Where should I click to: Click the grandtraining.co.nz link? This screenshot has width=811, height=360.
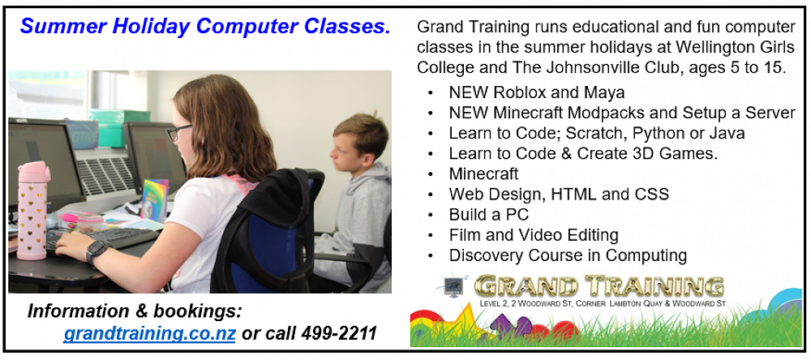point(150,333)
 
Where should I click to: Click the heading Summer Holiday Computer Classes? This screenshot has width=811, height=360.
point(205,27)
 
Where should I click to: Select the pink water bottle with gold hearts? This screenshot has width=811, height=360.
point(32,209)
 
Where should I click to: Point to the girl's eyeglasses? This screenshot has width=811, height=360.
point(178,133)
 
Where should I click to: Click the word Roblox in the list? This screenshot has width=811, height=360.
point(519,92)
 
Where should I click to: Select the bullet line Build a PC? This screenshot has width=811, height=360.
point(489,214)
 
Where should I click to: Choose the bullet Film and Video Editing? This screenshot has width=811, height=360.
point(534,235)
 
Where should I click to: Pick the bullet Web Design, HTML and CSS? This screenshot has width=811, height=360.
point(559,195)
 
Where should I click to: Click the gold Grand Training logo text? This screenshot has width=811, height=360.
point(599,286)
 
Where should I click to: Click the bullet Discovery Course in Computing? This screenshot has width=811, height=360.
point(568,255)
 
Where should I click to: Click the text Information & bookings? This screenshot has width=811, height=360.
point(135,311)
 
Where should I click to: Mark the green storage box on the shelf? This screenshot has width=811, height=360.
point(119,127)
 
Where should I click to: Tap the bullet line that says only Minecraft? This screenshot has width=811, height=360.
point(483,174)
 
